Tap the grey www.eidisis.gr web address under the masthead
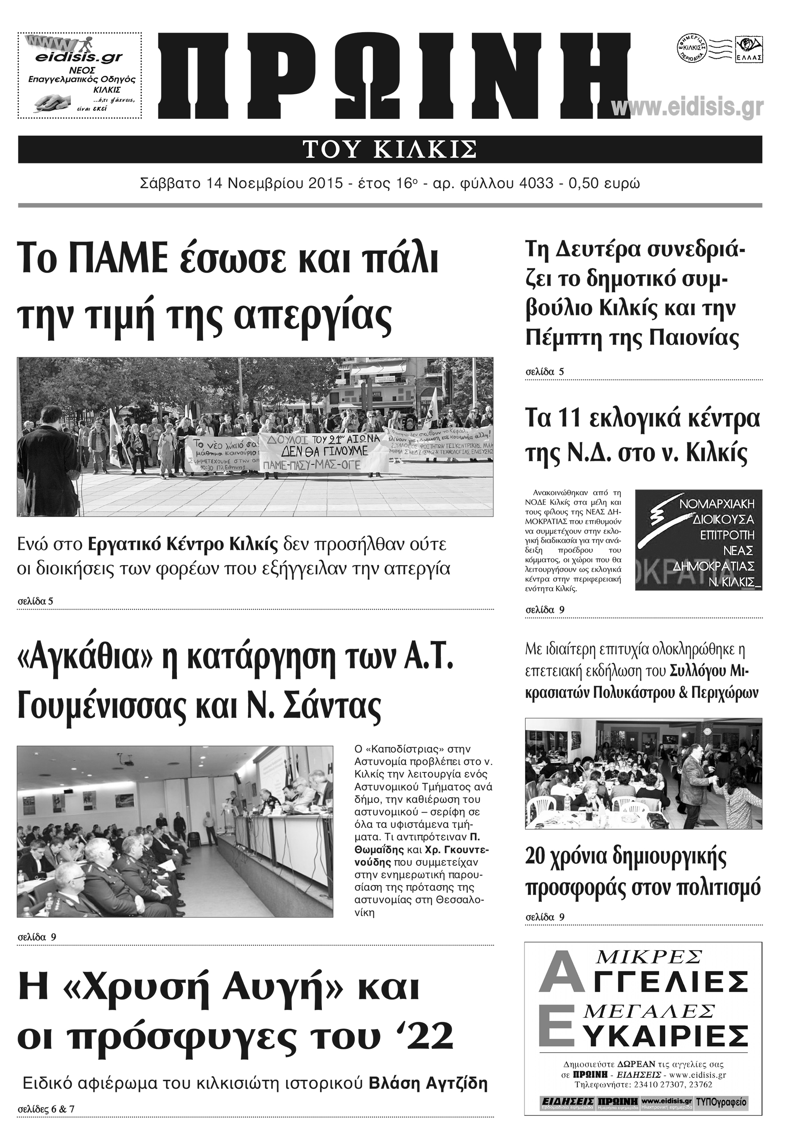687,107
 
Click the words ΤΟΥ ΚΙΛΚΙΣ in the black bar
390,149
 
